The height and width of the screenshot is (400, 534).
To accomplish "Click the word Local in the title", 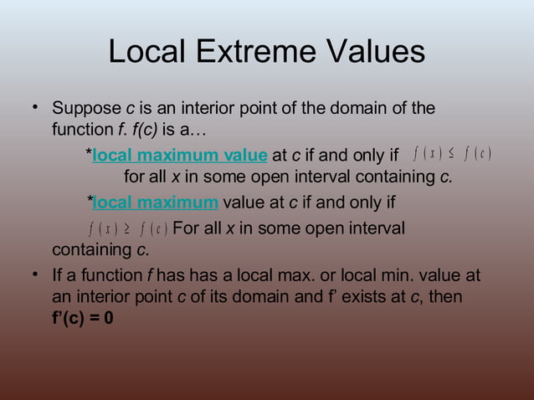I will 146,52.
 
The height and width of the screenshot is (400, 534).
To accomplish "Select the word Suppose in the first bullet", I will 86,109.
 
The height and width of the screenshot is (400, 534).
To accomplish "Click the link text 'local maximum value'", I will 180,156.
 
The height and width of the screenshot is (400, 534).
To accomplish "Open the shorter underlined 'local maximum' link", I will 155,203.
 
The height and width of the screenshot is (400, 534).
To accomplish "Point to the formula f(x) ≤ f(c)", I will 451,155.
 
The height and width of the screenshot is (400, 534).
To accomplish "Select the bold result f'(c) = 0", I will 83,322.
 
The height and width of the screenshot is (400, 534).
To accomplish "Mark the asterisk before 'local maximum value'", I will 89,154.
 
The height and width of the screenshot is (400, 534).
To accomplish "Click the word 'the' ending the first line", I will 423,109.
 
